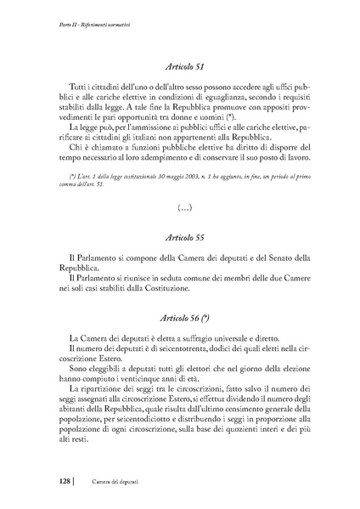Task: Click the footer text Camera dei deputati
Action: pyautogui.click(x=111, y=482)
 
